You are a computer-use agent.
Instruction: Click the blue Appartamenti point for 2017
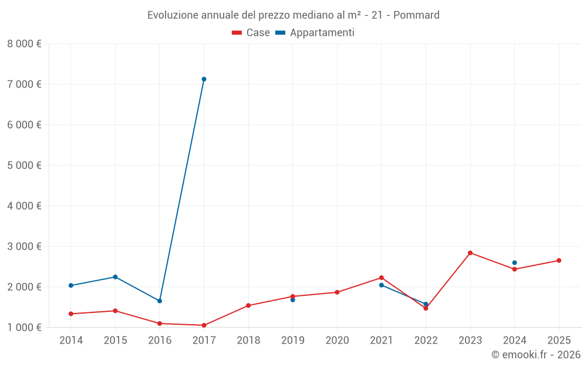[x=204, y=79]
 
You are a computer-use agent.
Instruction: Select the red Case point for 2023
[x=470, y=253]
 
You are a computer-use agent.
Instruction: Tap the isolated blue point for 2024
[x=514, y=263]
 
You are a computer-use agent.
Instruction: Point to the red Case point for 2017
[x=204, y=325]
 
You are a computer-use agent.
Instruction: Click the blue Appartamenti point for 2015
[x=115, y=277]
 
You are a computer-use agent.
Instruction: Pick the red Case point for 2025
[x=559, y=261]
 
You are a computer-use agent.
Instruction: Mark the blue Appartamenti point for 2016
[x=160, y=301]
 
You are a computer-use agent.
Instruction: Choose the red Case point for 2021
[x=382, y=278]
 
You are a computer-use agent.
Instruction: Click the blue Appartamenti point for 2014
[x=71, y=285]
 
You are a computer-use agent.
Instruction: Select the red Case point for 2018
[x=248, y=305]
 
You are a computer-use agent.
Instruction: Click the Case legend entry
[x=251, y=33]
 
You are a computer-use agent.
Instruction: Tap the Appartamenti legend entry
[x=315, y=33]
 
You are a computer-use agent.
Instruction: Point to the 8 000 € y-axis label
[x=24, y=43]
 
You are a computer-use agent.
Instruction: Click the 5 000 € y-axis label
[x=24, y=165]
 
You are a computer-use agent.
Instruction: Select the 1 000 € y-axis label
[x=24, y=327]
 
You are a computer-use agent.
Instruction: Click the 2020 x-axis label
[x=337, y=341]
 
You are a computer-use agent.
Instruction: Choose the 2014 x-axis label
[x=71, y=341]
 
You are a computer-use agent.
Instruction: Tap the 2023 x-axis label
[x=470, y=341]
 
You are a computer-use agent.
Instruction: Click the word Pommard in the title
[x=416, y=15]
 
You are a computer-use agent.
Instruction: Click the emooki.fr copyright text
[x=536, y=355]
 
